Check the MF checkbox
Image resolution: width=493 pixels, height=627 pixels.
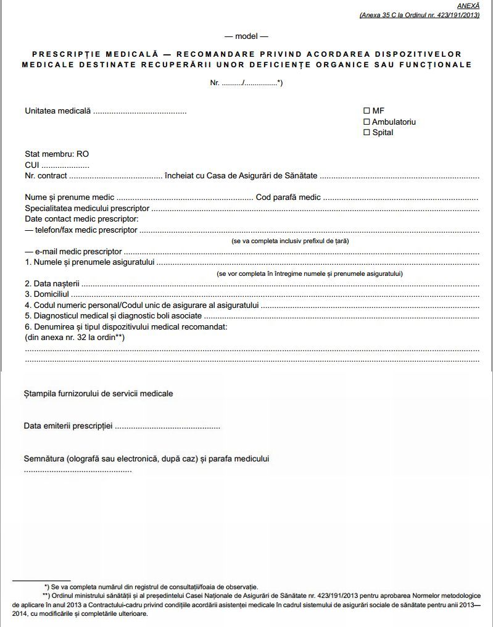point(367,111)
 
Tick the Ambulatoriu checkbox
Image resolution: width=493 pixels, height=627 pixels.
point(367,122)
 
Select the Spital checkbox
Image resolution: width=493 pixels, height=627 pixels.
point(367,132)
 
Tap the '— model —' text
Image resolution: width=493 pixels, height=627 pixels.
point(246,36)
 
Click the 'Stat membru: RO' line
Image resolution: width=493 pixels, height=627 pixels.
point(52,154)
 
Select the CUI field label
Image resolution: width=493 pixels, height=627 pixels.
point(32,165)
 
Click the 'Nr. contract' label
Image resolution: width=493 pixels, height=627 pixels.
point(46,176)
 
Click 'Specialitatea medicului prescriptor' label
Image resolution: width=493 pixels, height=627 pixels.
point(87,209)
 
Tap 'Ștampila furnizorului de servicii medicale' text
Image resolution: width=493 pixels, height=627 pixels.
point(99,393)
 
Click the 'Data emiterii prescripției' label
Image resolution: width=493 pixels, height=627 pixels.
point(68,426)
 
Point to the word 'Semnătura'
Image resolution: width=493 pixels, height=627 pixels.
point(44,459)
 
